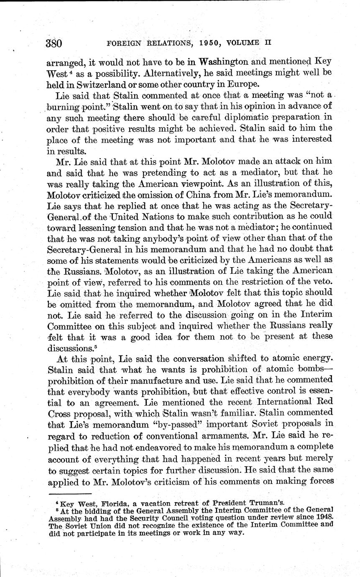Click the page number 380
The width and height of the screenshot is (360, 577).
[54, 43]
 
